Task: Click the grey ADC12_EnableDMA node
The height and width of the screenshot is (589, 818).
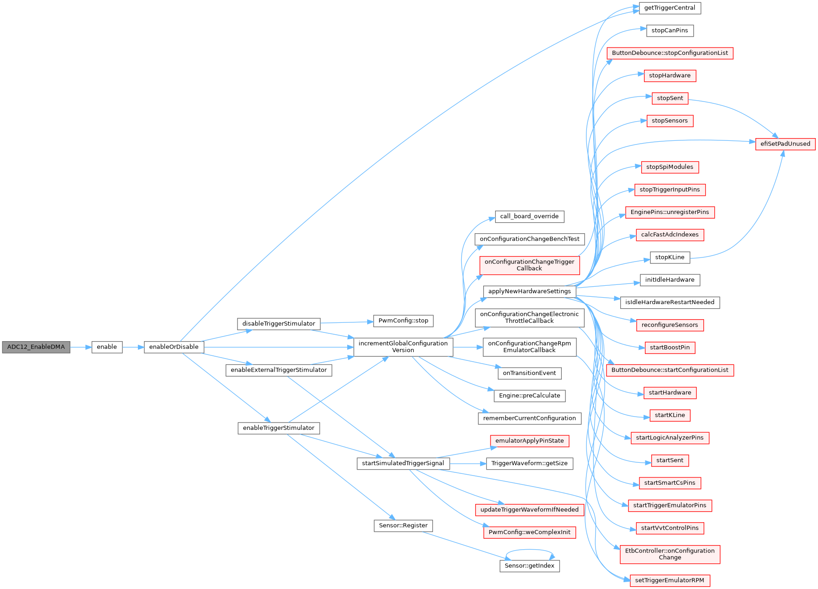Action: point(36,347)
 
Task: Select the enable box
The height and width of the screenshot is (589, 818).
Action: point(107,347)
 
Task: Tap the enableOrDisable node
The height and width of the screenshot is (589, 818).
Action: point(174,347)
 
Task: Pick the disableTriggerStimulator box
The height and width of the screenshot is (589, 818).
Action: point(279,324)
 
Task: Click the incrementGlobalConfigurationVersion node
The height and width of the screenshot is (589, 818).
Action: point(403,347)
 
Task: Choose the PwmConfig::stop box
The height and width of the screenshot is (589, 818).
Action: point(403,321)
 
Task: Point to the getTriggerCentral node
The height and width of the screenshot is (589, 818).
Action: point(670,8)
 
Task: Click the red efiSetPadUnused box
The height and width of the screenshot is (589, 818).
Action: point(785,144)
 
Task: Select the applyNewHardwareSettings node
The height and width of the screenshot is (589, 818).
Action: point(529,291)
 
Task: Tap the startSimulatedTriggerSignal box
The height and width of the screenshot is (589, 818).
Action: point(403,463)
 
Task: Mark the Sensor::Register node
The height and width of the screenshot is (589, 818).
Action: point(403,526)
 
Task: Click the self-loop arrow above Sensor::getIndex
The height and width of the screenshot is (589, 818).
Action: point(529,551)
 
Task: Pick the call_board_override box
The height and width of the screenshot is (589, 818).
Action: point(529,216)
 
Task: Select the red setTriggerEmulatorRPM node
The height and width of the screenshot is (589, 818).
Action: point(670,581)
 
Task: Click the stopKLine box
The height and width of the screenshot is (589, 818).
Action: point(670,257)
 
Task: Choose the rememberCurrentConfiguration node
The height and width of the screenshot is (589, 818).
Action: point(529,418)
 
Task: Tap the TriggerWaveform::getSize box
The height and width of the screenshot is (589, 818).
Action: point(529,464)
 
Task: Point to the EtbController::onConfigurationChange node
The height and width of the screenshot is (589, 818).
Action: point(670,554)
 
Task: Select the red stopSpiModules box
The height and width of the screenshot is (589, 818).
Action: point(670,167)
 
